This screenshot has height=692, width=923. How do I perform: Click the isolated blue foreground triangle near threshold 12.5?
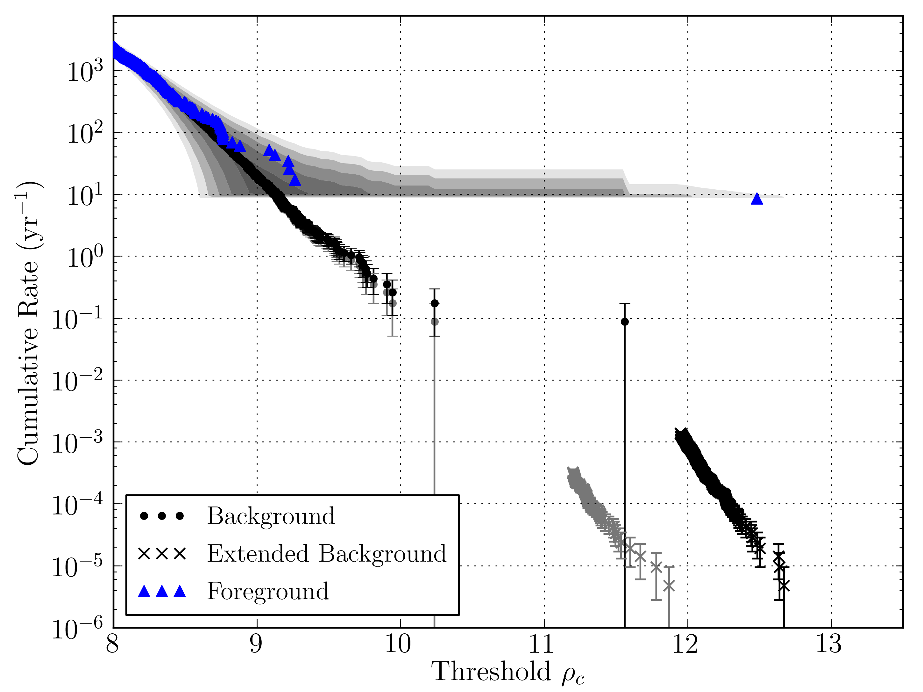point(756,199)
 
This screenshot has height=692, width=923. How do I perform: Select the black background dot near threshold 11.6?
point(625,322)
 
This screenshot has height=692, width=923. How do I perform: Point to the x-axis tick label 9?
point(256,645)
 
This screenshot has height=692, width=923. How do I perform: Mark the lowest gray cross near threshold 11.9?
point(669,586)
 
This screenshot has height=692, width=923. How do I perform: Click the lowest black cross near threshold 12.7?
point(784,586)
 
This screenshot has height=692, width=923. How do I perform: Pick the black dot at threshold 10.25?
point(435,303)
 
